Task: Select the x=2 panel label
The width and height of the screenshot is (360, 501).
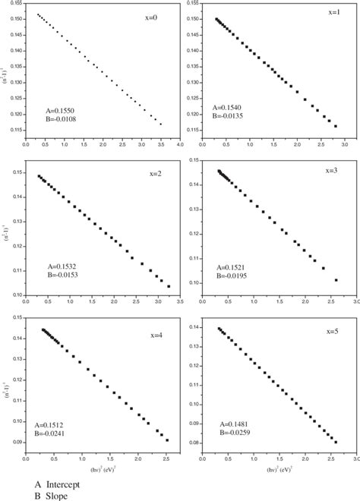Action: pos(156,174)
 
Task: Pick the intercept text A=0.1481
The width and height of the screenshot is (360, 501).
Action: pos(235,424)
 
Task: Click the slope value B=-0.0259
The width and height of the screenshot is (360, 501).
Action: pos(235,432)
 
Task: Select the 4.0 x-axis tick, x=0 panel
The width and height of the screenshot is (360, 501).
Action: pos(182,142)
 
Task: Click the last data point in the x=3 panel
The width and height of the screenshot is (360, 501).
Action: pos(335,280)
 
